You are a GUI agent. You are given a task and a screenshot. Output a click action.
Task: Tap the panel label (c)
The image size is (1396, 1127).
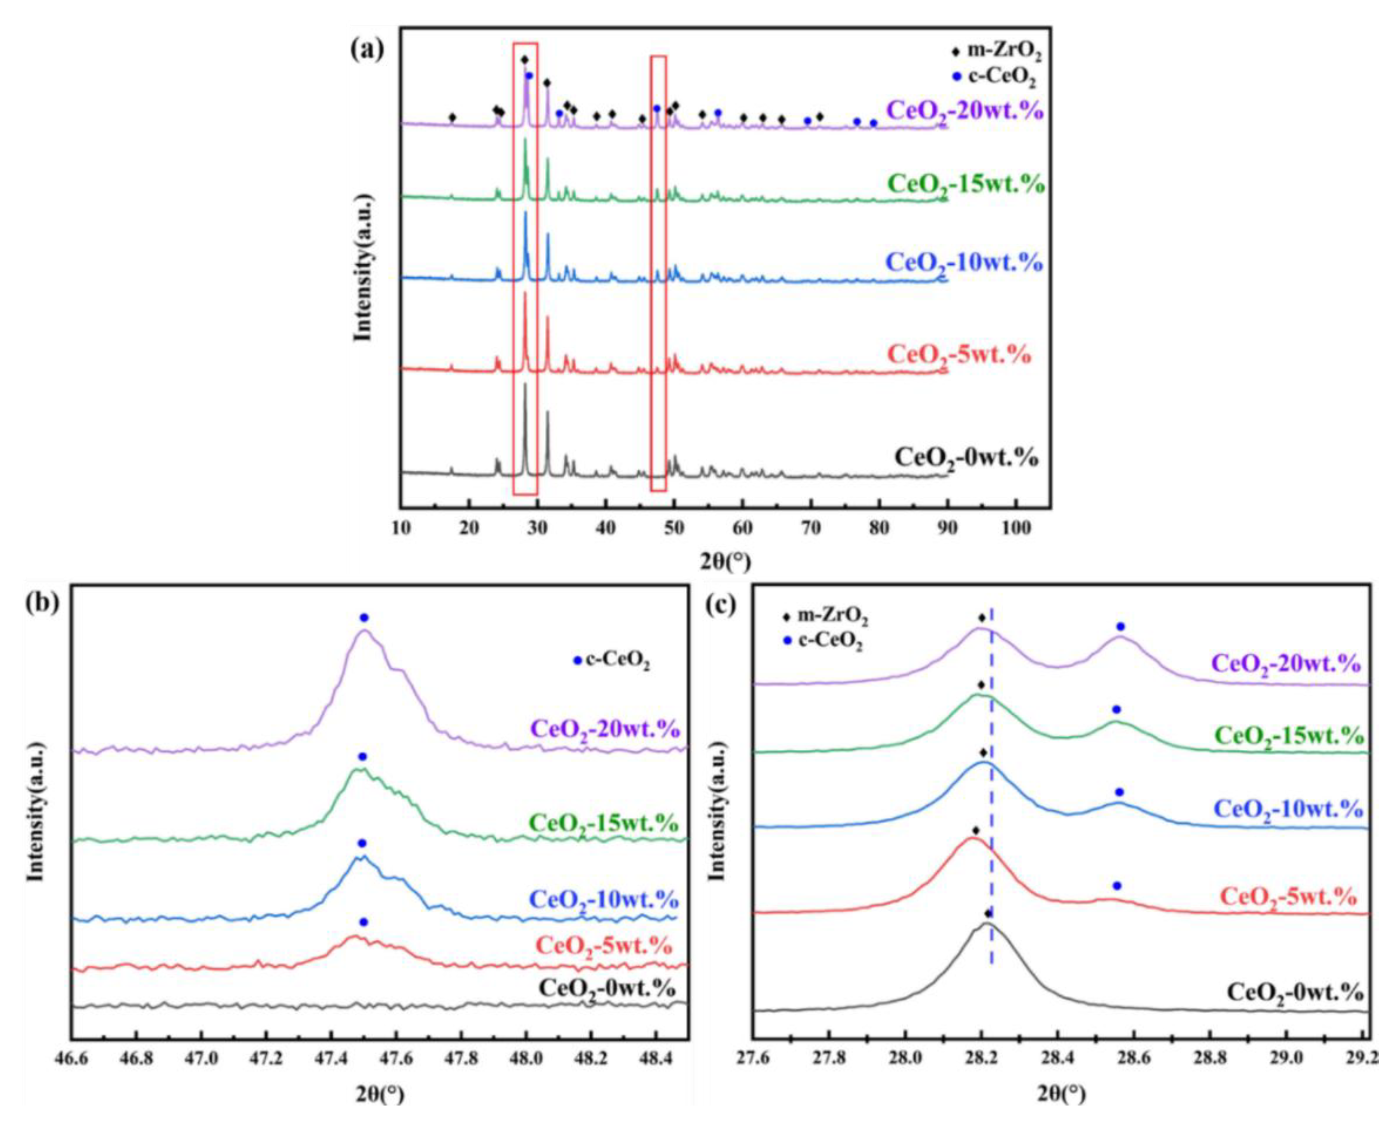click(721, 604)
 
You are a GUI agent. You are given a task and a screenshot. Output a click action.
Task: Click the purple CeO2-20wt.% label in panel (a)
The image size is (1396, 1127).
click(965, 110)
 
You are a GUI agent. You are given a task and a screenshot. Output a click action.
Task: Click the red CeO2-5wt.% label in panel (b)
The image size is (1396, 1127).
click(603, 943)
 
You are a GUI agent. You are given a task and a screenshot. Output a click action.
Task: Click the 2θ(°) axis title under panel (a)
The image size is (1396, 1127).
click(726, 559)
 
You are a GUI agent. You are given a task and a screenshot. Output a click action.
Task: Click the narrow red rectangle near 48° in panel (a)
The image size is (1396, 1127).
click(658, 273)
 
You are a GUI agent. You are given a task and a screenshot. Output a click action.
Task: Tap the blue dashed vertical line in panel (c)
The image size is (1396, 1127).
click(991, 812)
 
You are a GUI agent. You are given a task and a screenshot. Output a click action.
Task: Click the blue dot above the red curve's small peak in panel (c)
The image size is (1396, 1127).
click(1117, 886)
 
